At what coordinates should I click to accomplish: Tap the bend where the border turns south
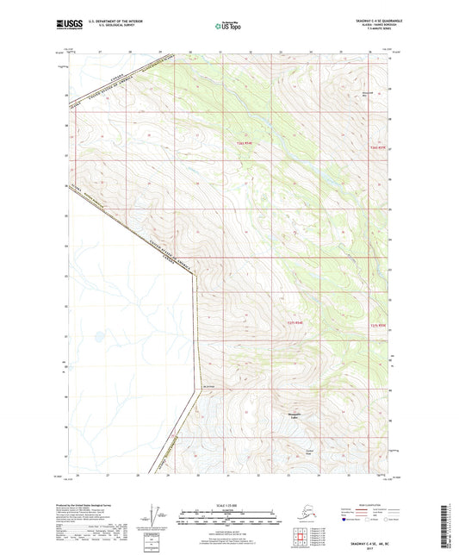[195, 274]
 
